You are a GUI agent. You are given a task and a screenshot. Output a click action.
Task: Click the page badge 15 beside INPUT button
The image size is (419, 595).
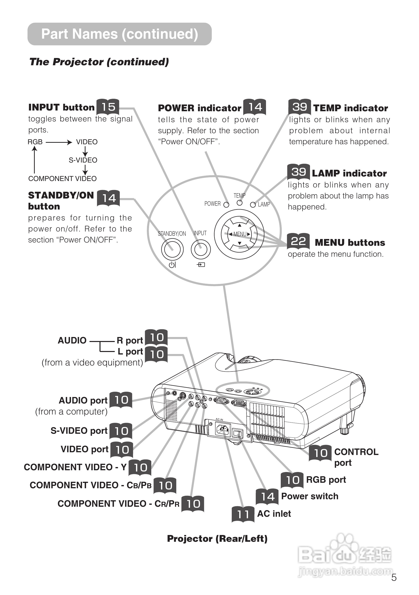(108, 107)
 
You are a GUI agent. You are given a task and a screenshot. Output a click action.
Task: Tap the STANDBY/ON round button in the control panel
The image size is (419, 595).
(172, 249)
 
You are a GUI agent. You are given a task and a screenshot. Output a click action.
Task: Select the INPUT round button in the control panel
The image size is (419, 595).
(201, 249)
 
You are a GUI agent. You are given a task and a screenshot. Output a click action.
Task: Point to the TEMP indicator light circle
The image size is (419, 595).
(240, 203)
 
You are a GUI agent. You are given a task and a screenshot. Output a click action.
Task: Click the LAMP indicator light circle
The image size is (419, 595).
(253, 205)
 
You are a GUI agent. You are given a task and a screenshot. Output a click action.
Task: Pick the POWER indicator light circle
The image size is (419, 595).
(226, 205)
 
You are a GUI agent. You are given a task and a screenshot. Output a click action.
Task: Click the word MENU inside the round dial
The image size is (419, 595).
(240, 234)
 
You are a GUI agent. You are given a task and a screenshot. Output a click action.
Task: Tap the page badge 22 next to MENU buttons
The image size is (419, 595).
(298, 241)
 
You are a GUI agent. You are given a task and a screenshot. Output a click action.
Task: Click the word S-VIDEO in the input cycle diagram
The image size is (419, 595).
(83, 160)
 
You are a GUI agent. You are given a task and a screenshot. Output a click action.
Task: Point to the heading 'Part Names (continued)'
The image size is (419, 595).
(119, 34)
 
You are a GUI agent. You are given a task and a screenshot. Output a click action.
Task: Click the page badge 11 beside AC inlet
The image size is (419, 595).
(243, 514)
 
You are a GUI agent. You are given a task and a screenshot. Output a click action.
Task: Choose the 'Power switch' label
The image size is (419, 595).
(310, 496)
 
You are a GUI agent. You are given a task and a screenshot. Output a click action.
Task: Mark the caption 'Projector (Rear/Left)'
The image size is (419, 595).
(217, 538)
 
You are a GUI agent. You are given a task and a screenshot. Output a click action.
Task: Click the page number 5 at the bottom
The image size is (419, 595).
(394, 577)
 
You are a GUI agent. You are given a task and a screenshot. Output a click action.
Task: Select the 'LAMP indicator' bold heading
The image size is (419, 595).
(349, 173)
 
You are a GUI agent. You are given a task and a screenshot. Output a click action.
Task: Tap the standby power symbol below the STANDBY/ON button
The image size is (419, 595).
(172, 264)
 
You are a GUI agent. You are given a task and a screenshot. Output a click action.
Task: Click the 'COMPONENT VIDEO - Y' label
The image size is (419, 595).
(75, 467)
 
